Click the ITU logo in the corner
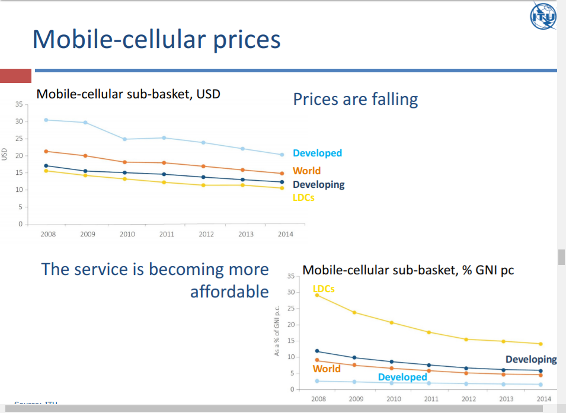tap(543, 17)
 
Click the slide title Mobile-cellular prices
tap(156, 40)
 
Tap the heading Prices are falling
tap(355, 99)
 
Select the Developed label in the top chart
tap(317, 153)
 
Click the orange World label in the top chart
tap(306, 171)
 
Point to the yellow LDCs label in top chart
tap(303, 197)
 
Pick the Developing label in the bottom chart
tap(531, 359)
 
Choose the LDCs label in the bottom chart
tap(324, 289)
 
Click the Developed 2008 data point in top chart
tap(46, 120)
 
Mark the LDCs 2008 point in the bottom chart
tap(317, 294)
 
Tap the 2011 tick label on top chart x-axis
tap(167, 234)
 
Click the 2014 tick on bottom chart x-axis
tap(543, 399)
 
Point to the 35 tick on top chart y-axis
tap(18, 104)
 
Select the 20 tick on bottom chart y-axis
tap(290, 325)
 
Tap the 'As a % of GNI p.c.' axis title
tap(277, 332)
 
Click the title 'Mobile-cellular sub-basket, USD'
tap(129, 94)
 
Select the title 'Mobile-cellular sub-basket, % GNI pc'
tap(408, 270)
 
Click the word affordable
tap(229, 292)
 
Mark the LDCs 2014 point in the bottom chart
tap(541, 344)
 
